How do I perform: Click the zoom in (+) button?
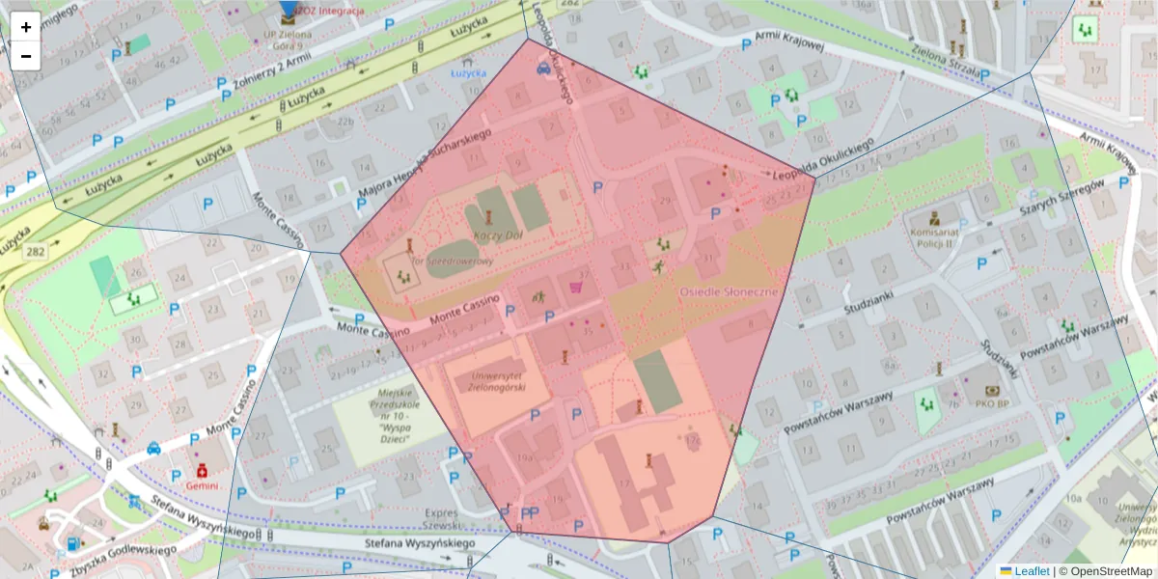tap(26, 27)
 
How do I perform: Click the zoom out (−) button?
tap(26, 56)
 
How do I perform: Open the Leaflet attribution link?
tap(1032, 570)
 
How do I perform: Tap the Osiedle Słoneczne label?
tap(729, 291)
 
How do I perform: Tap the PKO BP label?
tap(990, 404)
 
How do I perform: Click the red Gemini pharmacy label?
tap(203, 486)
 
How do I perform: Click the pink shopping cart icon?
tap(576, 286)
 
